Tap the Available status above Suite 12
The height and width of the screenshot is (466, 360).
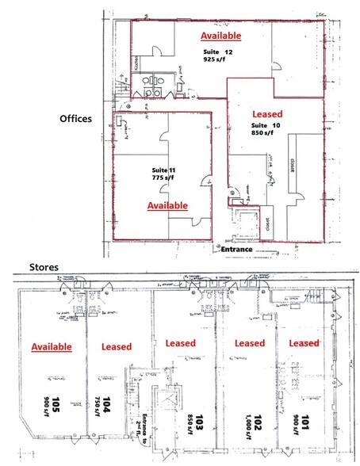220,36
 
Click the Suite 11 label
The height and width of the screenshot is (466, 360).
163,170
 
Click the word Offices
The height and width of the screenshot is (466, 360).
77,119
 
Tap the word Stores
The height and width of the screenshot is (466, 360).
24,266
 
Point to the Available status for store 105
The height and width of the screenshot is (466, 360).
52,347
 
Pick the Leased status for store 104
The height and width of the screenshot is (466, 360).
116,347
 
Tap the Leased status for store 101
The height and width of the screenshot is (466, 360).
304,343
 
